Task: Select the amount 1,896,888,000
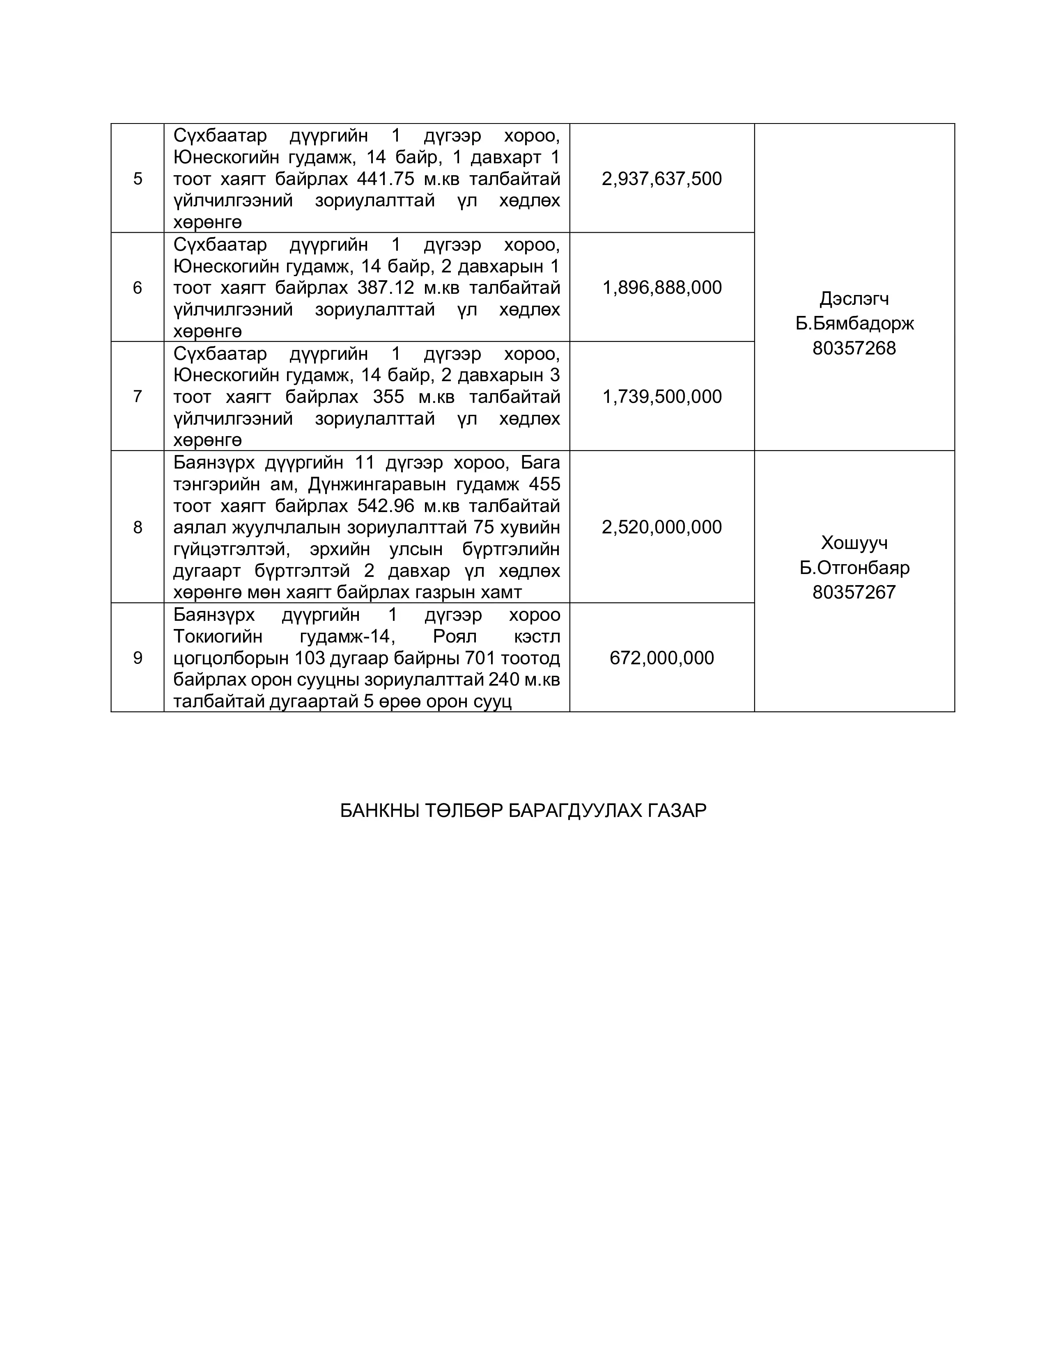pos(662,288)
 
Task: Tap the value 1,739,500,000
pos(662,397)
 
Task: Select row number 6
pos(138,288)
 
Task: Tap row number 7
pos(138,397)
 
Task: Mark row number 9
pos(138,658)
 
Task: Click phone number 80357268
pos(854,348)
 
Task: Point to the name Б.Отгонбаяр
pos(854,568)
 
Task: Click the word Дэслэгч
pos(854,299)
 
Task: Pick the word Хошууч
pos(854,543)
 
